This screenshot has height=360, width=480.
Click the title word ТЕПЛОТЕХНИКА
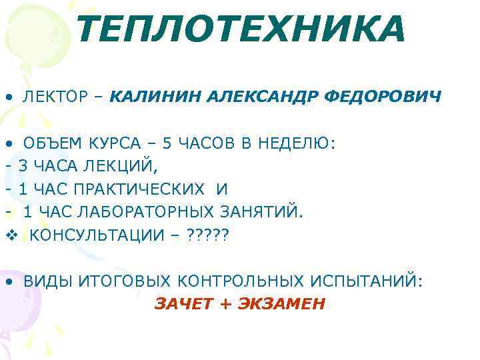tap(240, 30)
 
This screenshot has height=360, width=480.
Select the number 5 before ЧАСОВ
tap(167, 143)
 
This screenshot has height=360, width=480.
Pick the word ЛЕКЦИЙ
tap(130, 167)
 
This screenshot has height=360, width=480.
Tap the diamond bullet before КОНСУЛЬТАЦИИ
tap(9, 235)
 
